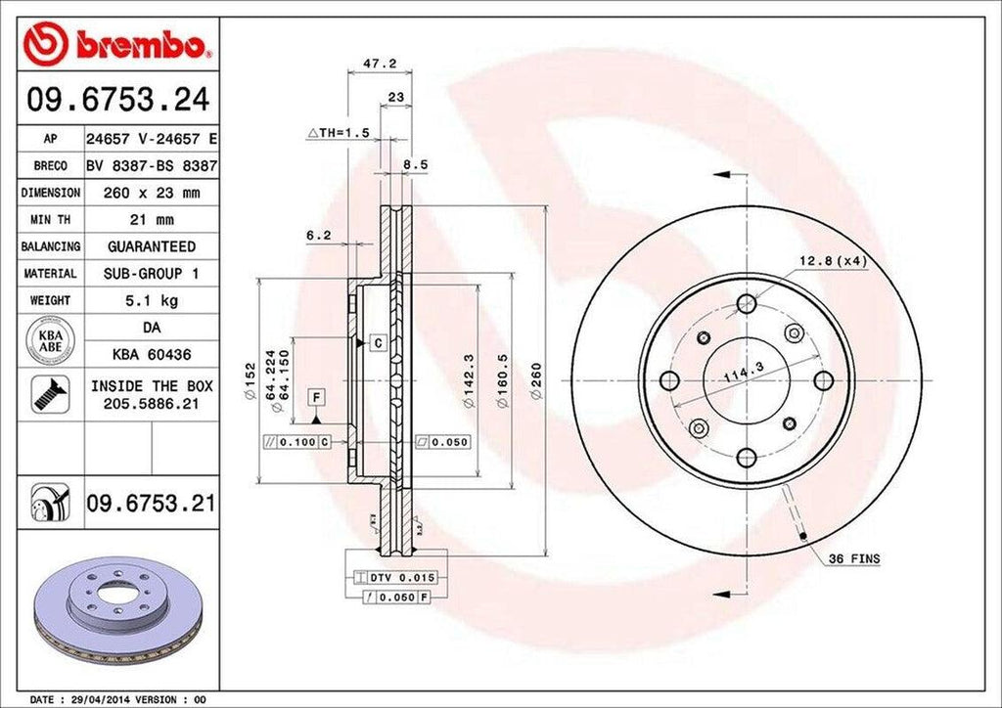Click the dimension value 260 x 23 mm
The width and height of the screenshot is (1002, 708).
(x=151, y=194)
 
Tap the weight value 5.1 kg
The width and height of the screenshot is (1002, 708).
(x=151, y=299)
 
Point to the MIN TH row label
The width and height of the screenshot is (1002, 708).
(x=50, y=220)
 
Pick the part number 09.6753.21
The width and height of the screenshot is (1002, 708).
(x=151, y=504)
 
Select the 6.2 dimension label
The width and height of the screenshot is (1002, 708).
(x=318, y=236)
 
